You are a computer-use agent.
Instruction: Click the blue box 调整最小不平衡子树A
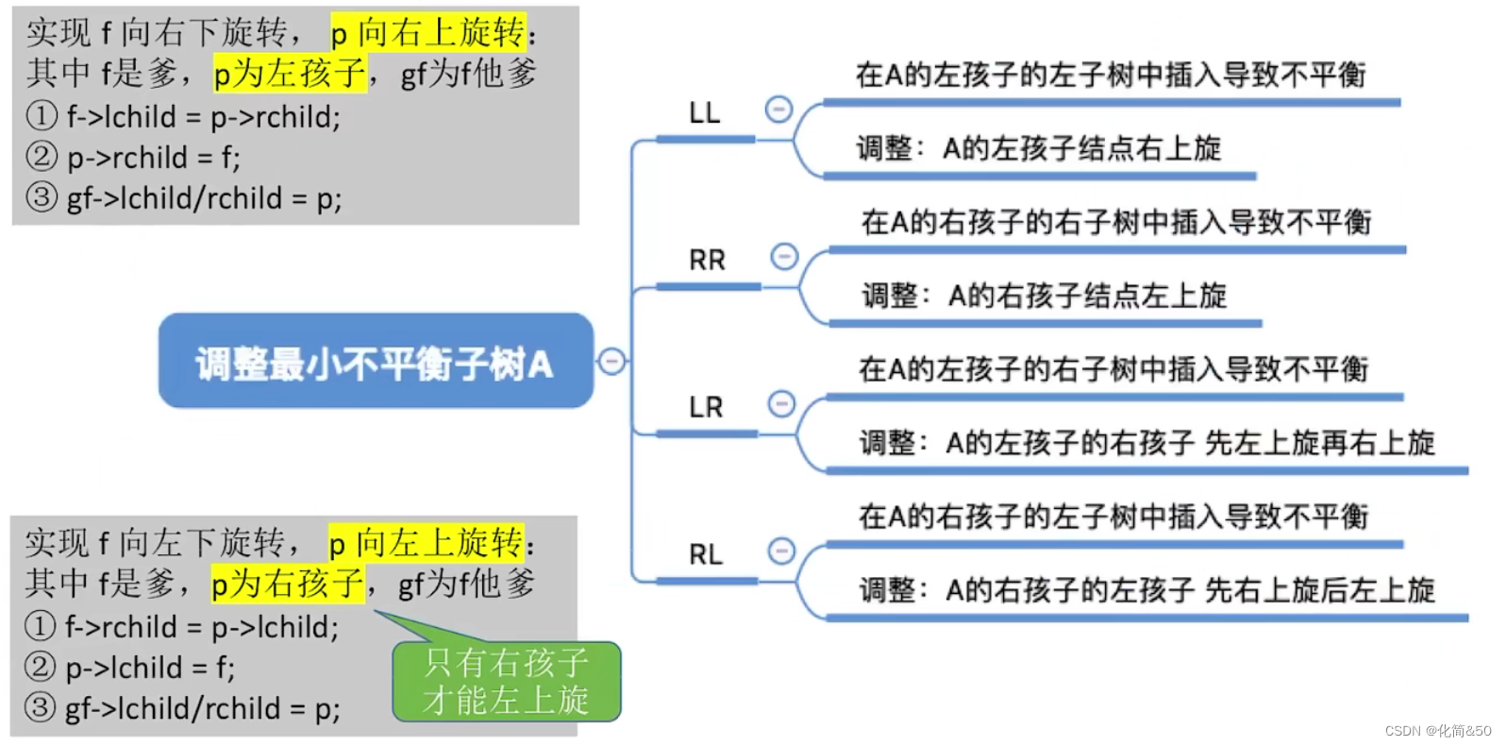tap(376, 362)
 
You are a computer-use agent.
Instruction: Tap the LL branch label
tap(704, 113)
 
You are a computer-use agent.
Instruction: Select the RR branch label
tap(707, 261)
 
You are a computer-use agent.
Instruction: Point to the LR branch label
tap(706, 408)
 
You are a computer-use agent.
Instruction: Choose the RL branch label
tap(706, 555)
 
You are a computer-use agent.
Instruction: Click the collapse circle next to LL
tap(778, 110)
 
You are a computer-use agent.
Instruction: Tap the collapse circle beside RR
tap(784, 256)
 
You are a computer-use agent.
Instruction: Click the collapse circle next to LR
tap(781, 404)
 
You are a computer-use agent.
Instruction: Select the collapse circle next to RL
tap(781, 551)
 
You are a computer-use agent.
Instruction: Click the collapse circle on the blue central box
tap(611, 361)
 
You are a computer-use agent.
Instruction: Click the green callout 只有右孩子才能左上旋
tap(507, 682)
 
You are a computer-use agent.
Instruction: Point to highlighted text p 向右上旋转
tap(428, 32)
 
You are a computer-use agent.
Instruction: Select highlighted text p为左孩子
tap(289, 73)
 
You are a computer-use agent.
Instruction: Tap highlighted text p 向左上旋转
tap(426, 543)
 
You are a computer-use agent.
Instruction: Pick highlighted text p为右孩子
tap(287, 584)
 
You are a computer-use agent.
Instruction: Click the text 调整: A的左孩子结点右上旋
tap(1038, 148)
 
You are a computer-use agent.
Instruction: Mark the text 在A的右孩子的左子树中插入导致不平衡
tap(1113, 517)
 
